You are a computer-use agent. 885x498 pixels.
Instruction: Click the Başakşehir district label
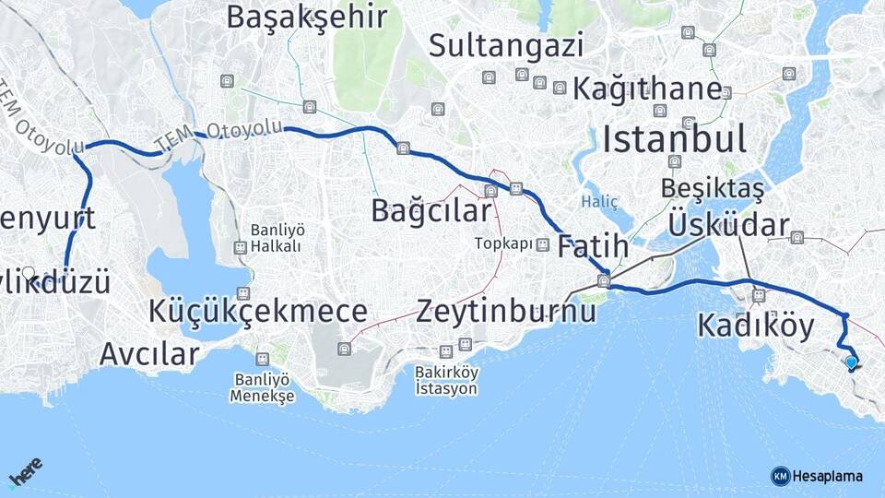tap(306, 17)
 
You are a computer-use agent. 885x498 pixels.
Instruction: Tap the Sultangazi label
tap(506, 44)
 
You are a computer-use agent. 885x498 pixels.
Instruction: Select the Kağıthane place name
tap(646, 89)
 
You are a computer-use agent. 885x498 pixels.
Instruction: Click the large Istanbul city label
tap(674, 139)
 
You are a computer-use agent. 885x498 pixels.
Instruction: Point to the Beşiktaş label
tap(713, 188)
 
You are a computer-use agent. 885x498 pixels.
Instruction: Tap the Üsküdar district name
tap(728, 224)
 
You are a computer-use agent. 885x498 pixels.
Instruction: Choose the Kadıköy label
tap(755, 326)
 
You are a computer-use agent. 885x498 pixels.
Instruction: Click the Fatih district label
tap(593, 246)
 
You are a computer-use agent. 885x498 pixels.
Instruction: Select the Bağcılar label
tap(431, 210)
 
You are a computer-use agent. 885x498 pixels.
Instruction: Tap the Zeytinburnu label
tap(506, 311)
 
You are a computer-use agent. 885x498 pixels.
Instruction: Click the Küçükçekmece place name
tap(258, 311)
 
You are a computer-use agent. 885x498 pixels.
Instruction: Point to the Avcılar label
tap(149, 353)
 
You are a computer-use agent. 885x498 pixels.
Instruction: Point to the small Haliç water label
tap(600, 200)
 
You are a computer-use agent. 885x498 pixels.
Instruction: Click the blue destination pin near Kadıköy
tap(851, 363)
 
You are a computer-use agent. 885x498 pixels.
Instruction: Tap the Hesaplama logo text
tap(827, 476)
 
